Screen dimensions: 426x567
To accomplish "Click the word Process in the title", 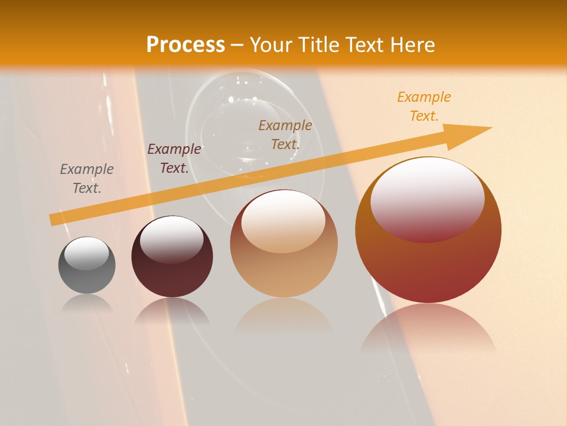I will pos(185,45).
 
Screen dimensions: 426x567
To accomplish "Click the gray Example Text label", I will pos(87,179).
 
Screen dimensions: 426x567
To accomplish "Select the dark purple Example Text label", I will pos(174,159).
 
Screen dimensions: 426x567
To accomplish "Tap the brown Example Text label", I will pos(285,134).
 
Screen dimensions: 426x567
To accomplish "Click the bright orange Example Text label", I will pos(424,106).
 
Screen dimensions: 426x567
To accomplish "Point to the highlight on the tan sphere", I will pos(283,222).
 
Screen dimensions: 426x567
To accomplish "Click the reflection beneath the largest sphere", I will pos(428,331).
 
